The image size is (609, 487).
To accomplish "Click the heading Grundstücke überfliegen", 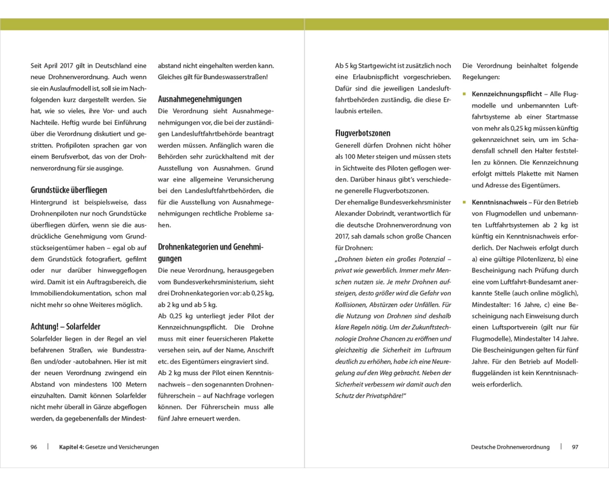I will (69, 190).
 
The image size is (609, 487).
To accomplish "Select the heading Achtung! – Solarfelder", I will (66, 326).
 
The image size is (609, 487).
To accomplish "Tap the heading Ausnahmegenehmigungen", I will (200, 99).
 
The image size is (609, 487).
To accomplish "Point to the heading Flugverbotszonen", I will (363, 133).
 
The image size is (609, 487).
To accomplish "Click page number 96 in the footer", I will (34, 447).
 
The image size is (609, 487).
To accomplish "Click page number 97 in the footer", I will (575, 447).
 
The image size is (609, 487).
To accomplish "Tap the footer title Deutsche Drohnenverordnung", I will (510, 447).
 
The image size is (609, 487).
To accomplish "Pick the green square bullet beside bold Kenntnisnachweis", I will (465, 202).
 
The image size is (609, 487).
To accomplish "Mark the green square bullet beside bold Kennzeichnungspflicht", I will (465, 94).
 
